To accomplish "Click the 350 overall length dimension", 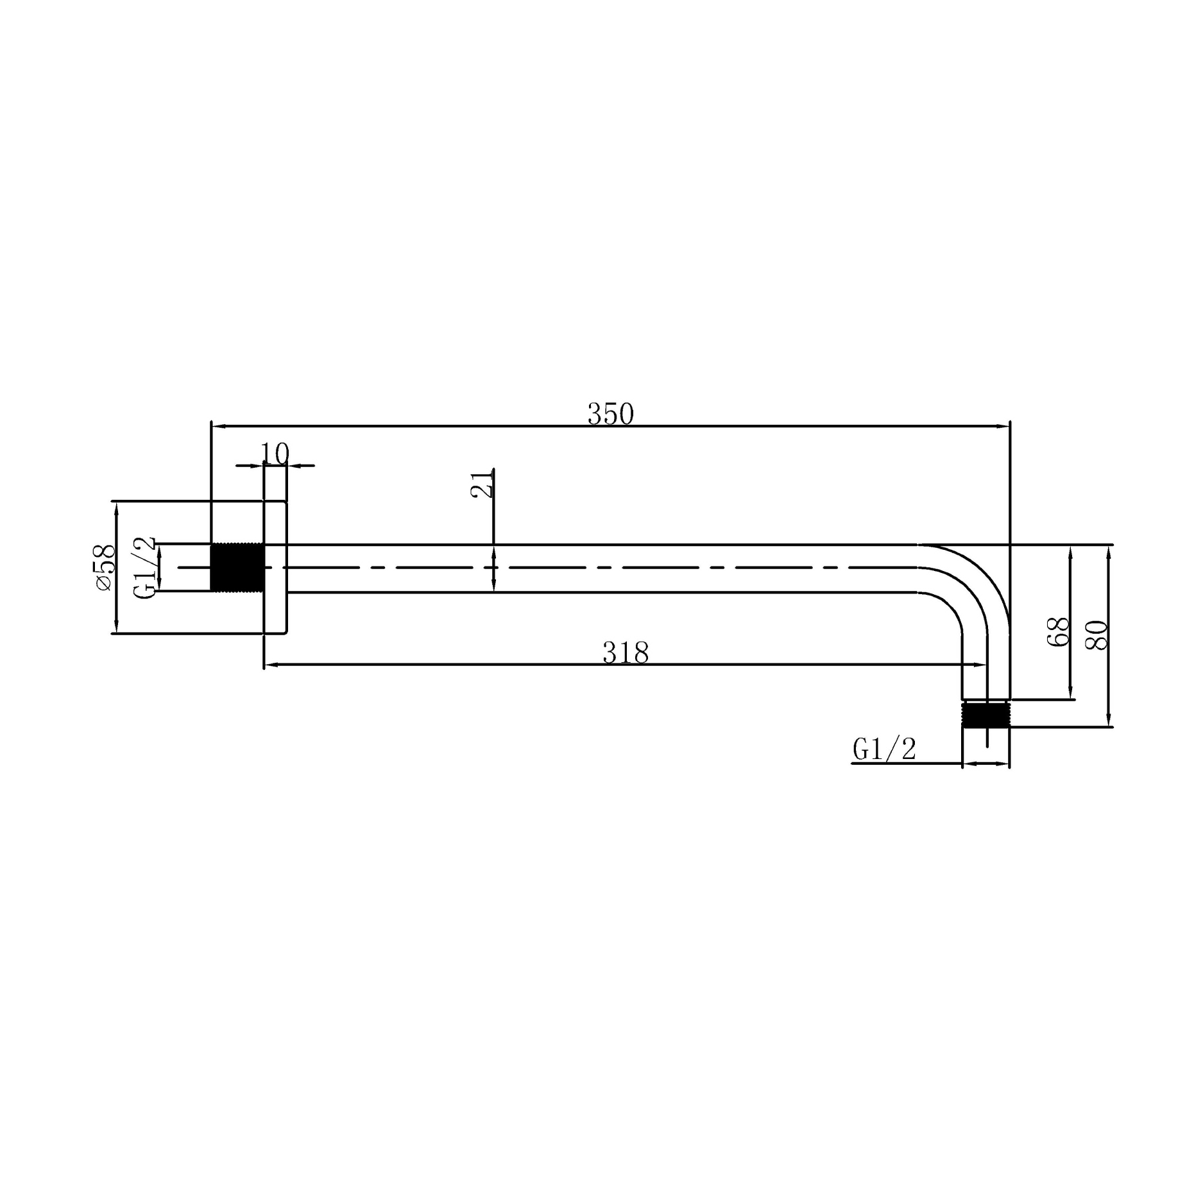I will [610, 414].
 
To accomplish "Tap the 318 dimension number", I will [625, 653].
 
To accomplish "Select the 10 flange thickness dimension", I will [275, 454].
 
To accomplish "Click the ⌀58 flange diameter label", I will [104, 567].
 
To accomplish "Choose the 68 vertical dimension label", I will [1058, 632].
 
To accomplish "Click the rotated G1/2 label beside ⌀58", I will [146, 568].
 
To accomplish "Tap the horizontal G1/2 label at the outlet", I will [884, 749].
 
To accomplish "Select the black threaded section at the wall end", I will [237, 567].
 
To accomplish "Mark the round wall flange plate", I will [275, 567].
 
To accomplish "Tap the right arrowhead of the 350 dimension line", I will [1003, 425].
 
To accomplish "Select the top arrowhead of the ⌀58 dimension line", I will [116, 508].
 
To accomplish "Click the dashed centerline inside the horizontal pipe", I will [577, 568].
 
